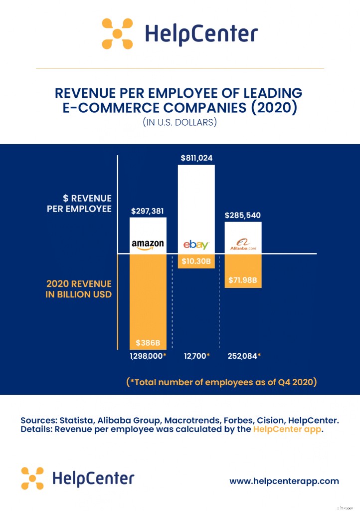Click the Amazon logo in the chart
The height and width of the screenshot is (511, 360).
[x=148, y=245]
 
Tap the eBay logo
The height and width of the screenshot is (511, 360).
[x=196, y=245]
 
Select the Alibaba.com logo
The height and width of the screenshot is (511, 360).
[x=243, y=246]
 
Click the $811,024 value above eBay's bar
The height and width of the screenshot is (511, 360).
[x=196, y=158]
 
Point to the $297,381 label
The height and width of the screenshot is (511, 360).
[x=147, y=211]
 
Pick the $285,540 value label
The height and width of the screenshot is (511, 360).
[x=243, y=216]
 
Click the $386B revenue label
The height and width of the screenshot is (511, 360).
[x=148, y=343]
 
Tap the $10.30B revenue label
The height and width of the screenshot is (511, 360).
[x=196, y=261]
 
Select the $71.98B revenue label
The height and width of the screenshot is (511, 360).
[x=243, y=280]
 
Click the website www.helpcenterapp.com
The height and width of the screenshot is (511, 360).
[x=284, y=481]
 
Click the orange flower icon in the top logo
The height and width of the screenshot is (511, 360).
[x=117, y=33]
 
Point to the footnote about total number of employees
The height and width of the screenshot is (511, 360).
[x=221, y=383]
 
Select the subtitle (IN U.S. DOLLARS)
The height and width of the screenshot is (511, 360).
[x=180, y=122]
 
